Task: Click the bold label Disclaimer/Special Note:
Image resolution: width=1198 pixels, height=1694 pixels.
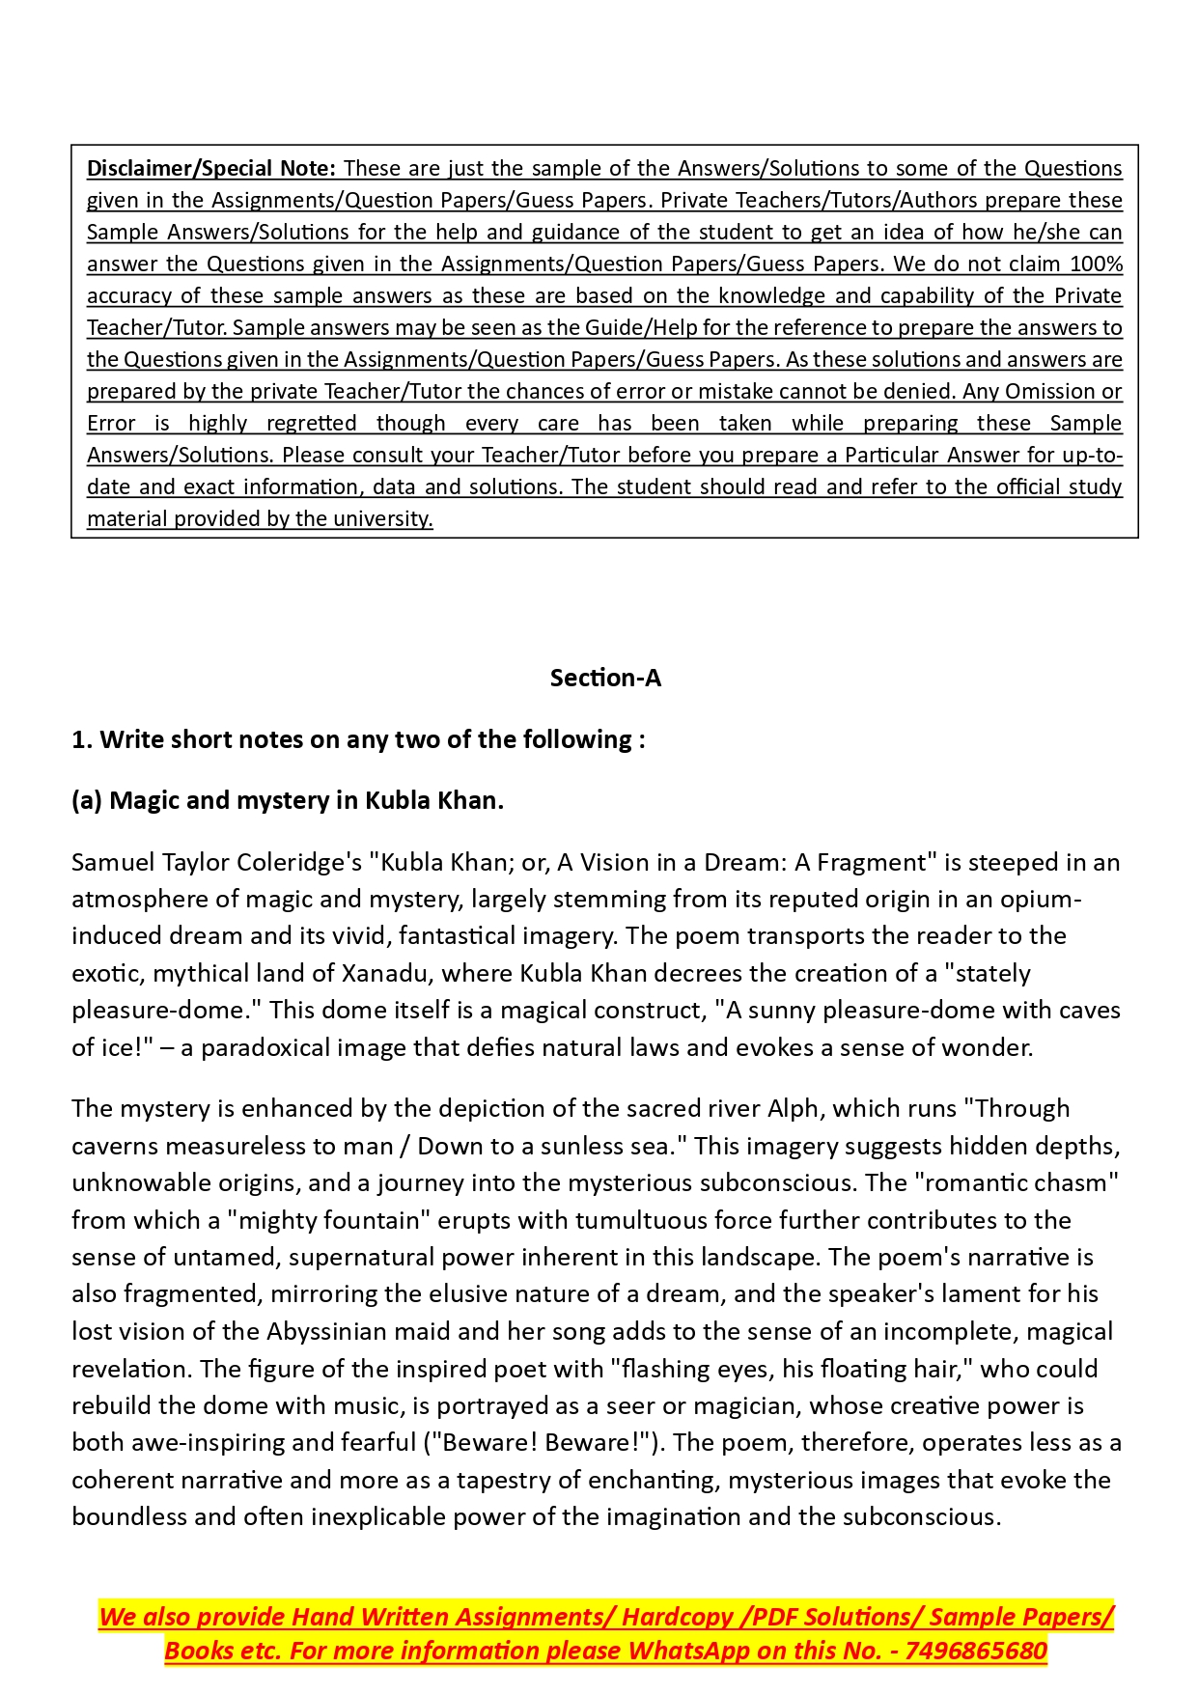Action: (x=211, y=169)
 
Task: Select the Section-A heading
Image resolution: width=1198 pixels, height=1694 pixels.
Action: (x=605, y=679)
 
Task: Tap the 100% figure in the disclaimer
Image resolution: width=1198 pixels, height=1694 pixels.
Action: (x=1096, y=264)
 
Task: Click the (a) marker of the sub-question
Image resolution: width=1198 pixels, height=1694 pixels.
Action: (x=87, y=801)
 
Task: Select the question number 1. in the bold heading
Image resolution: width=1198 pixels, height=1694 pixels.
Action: (x=82, y=740)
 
